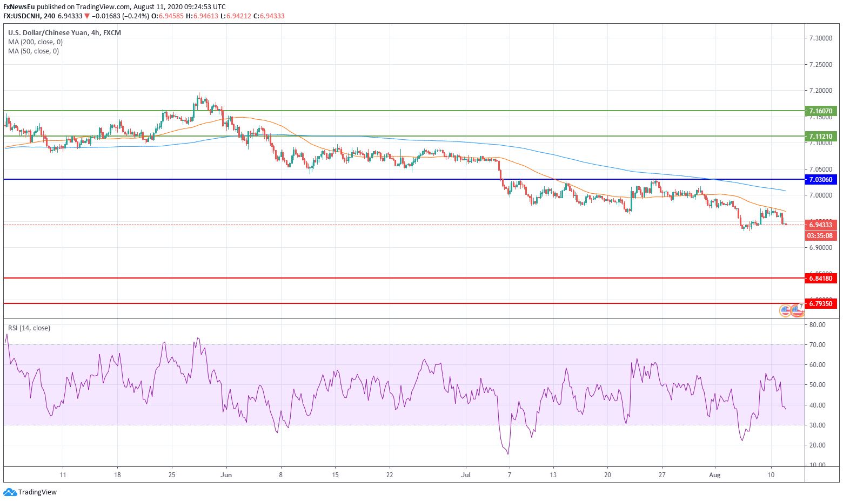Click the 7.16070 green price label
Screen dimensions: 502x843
pyautogui.click(x=820, y=111)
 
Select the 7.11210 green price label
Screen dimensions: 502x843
pyautogui.click(x=820, y=136)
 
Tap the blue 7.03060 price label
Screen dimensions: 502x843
pyautogui.click(x=820, y=179)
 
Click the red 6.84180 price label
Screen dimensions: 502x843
pyautogui.click(x=820, y=278)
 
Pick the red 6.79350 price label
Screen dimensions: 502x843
pyautogui.click(x=820, y=303)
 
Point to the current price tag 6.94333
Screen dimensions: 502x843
pyautogui.click(x=820, y=225)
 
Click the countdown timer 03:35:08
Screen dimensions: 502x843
pyautogui.click(x=820, y=236)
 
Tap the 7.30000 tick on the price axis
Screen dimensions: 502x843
pyautogui.click(x=820, y=38)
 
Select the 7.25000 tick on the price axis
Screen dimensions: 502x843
pyautogui.click(x=820, y=65)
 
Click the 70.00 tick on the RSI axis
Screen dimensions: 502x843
pyautogui.click(x=818, y=345)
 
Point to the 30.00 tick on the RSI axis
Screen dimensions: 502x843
pyautogui.click(x=818, y=425)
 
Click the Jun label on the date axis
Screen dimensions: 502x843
pyautogui.click(x=226, y=475)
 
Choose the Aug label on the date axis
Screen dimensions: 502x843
pyautogui.click(x=715, y=475)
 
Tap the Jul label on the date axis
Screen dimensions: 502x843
pyautogui.click(x=466, y=475)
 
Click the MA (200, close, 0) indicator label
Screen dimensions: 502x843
pyautogui.click(x=35, y=42)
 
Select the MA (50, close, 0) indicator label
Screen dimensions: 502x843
pyautogui.click(x=34, y=51)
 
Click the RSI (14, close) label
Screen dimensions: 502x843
pyautogui.click(x=29, y=328)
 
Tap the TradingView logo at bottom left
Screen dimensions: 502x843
pyautogui.click(x=30, y=492)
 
